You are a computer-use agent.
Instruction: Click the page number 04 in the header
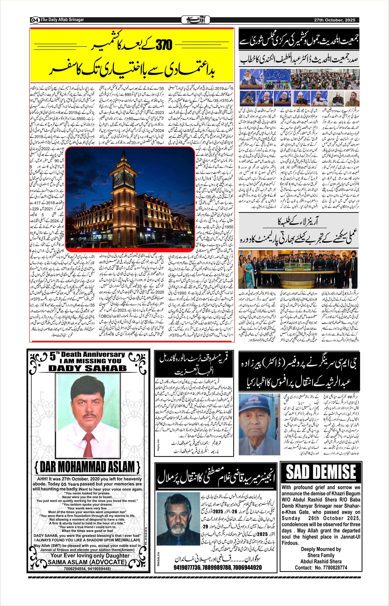(x=35, y=20)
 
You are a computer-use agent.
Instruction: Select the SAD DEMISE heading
(x=321, y=471)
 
